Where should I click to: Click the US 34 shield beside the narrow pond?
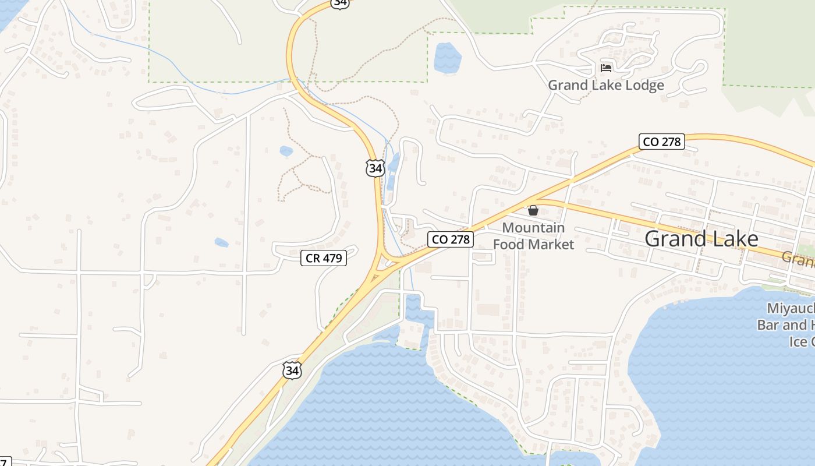pyautogui.click(x=375, y=168)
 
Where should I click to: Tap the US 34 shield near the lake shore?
pyautogui.click(x=292, y=370)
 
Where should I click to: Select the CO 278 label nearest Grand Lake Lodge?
pyautogui.click(x=661, y=142)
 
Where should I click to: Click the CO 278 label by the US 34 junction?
pyautogui.click(x=450, y=239)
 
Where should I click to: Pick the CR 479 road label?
pyautogui.click(x=324, y=257)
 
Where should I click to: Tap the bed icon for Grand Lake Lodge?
pyautogui.click(x=606, y=68)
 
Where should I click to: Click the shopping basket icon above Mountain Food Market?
pyautogui.click(x=533, y=210)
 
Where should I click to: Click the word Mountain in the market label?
pyautogui.click(x=533, y=228)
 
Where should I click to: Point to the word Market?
pyautogui.click(x=551, y=244)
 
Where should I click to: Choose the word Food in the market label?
pyautogui.click(x=508, y=244)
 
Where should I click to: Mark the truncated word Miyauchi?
pyautogui.click(x=791, y=309)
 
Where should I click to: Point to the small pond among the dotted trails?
pyautogui.click(x=286, y=151)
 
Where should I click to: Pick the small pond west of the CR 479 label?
pyautogui.click(x=221, y=242)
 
